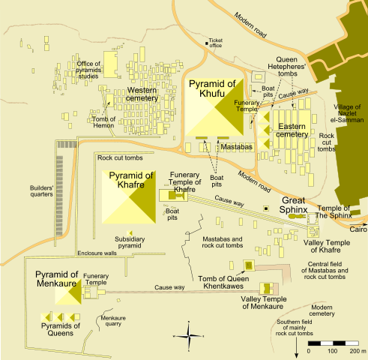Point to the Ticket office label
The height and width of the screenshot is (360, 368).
[216, 42]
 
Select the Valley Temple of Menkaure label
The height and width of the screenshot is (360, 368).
[262, 301]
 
